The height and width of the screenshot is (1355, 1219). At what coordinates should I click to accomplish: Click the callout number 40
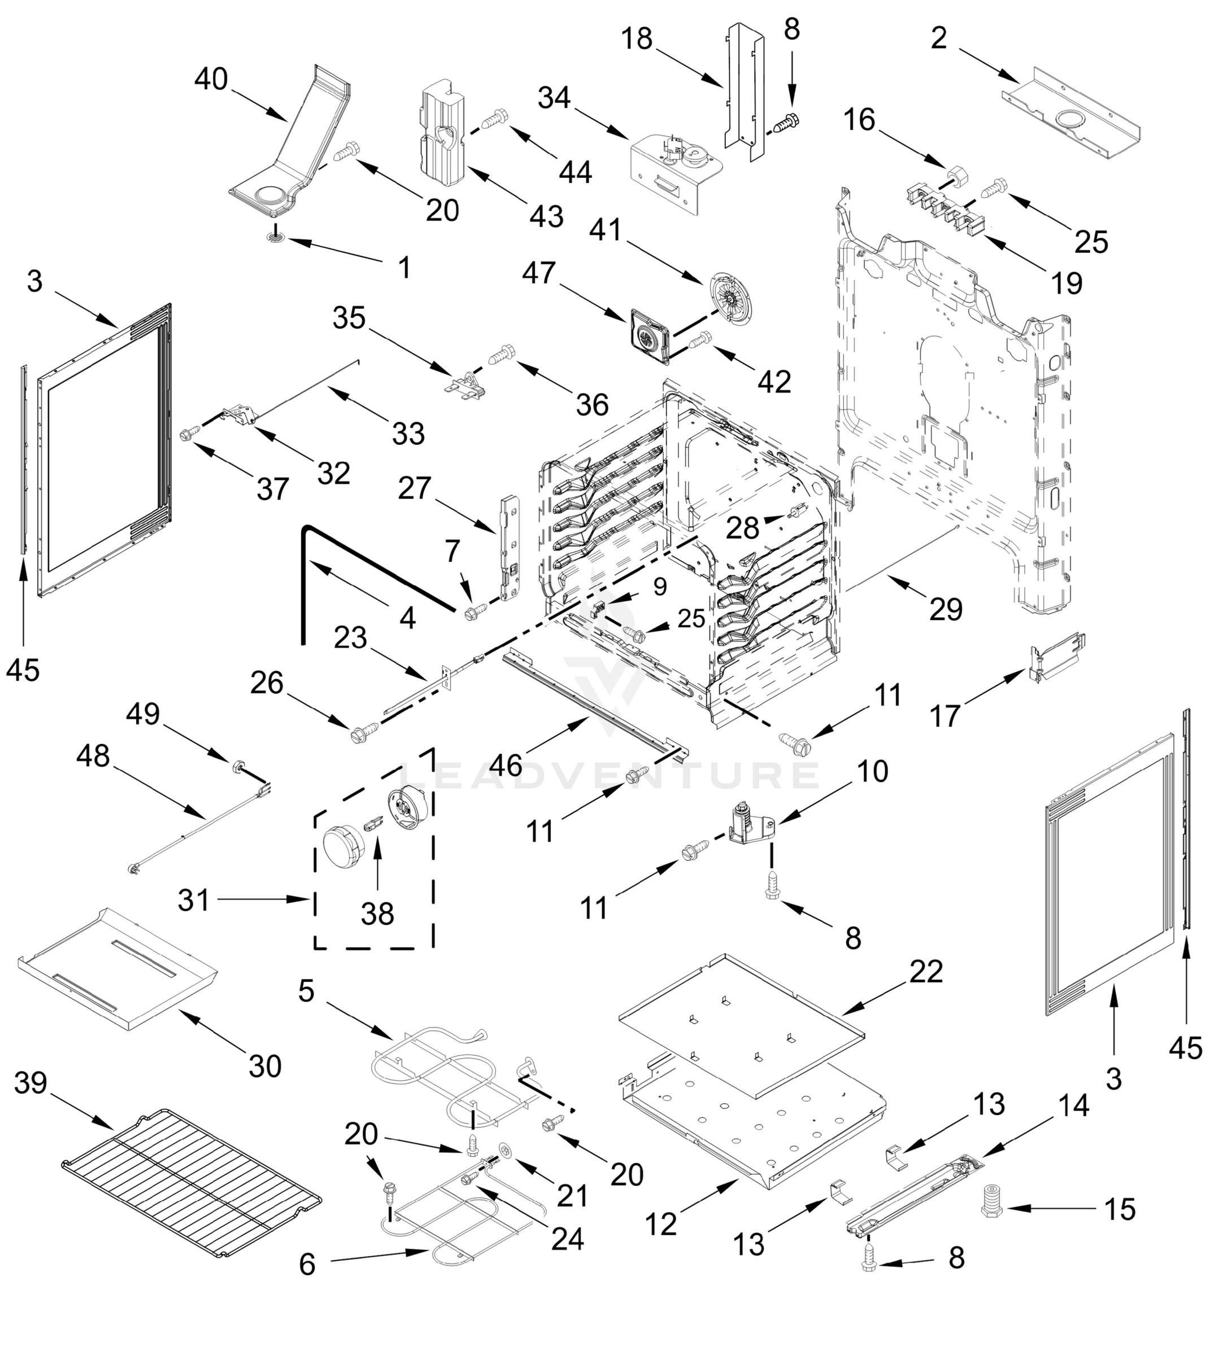[211, 80]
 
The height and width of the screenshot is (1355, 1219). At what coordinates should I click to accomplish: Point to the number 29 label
[946, 609]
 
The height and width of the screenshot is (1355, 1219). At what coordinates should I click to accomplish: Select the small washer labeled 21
[506, 1149]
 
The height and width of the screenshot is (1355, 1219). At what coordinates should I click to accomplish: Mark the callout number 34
[555, 98]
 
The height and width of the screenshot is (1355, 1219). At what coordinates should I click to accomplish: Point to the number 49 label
[143, 714]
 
